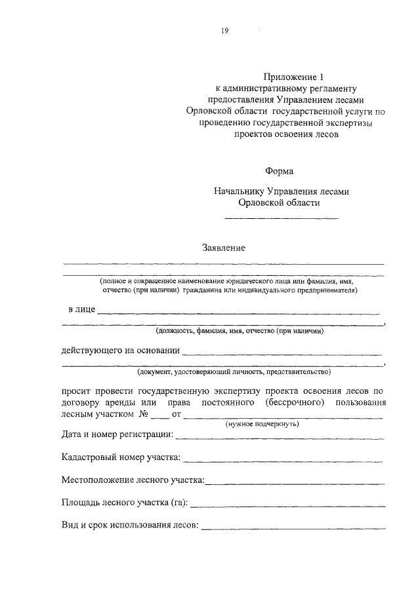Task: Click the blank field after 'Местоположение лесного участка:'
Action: click(295, 484)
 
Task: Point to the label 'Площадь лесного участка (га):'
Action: click(125, 503)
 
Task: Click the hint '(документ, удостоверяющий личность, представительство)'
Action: click(233, 372)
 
